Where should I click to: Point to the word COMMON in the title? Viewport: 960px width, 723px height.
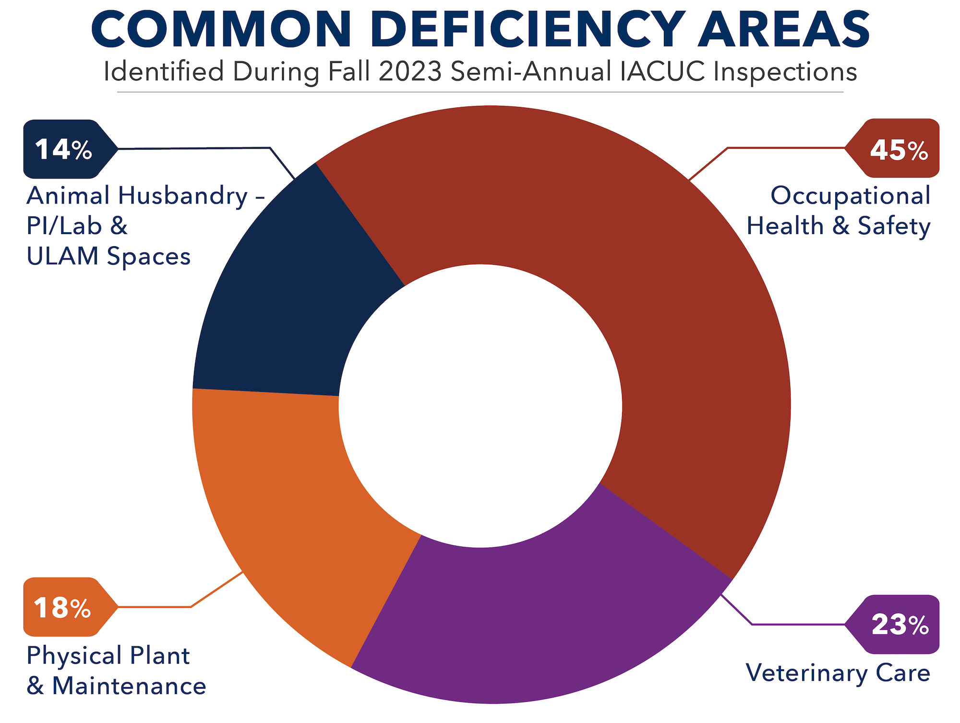(x=221, y=30)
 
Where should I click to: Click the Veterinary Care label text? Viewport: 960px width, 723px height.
(x=838, y=673)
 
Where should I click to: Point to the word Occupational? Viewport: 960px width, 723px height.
(x=850, y=196)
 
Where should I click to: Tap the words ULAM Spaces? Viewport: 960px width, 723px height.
(x=108, y=256)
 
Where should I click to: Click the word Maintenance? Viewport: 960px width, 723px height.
(x=129, y=686)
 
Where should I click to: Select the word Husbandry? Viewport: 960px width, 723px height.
(x=183, y=196)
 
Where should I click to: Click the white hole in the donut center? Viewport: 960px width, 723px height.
(x=480, y=405)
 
